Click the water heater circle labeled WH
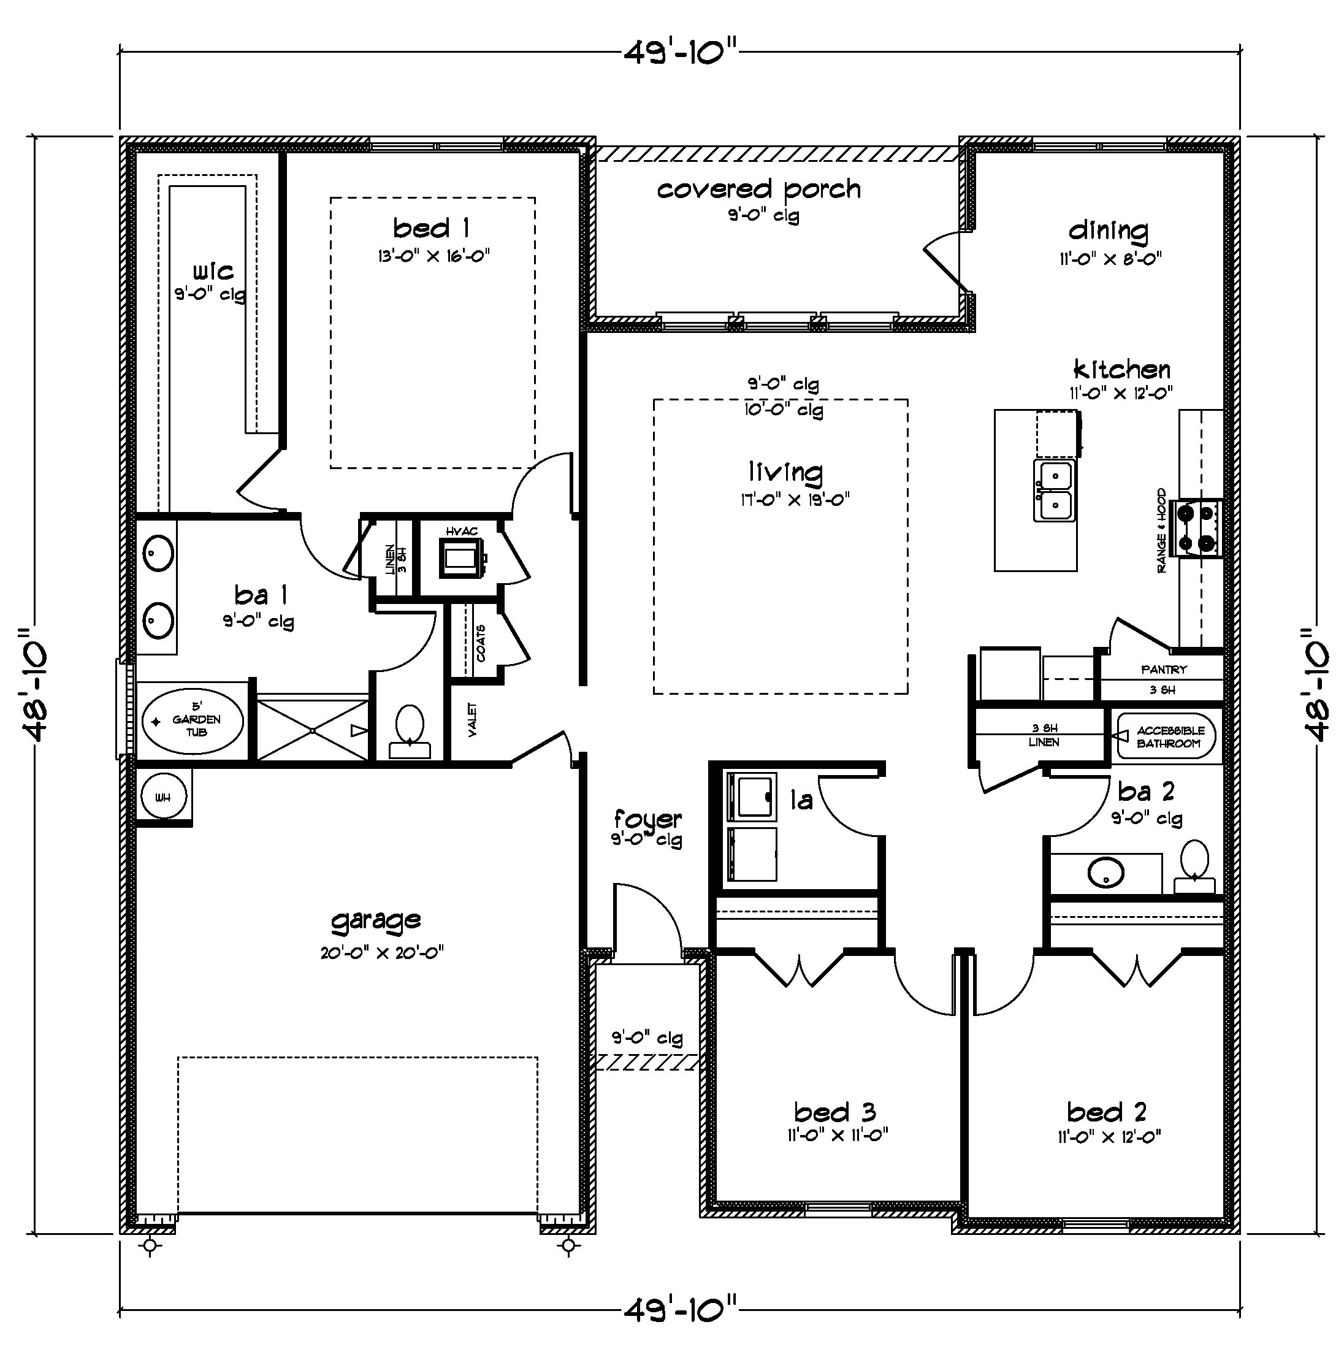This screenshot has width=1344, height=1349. [162, 797]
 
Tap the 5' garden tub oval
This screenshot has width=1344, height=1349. [193, 720]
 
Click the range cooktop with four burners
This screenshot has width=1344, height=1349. [1198, 528]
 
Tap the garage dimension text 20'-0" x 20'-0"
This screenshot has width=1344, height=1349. [382, 952]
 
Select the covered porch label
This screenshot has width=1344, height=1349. [759, 189]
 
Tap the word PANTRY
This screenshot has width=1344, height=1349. [1164, 669]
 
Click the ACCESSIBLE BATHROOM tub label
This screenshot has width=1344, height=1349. [1170, 736]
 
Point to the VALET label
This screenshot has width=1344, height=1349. [473, 720]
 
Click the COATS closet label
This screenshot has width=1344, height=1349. [481, 643]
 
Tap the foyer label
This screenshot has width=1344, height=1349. [647, 819]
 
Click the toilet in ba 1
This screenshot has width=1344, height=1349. [409, 730]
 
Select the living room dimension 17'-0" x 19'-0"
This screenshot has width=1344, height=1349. [795, 500]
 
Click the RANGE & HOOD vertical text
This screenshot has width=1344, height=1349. [1162, 530]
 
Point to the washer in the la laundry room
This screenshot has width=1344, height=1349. [751, 797]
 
